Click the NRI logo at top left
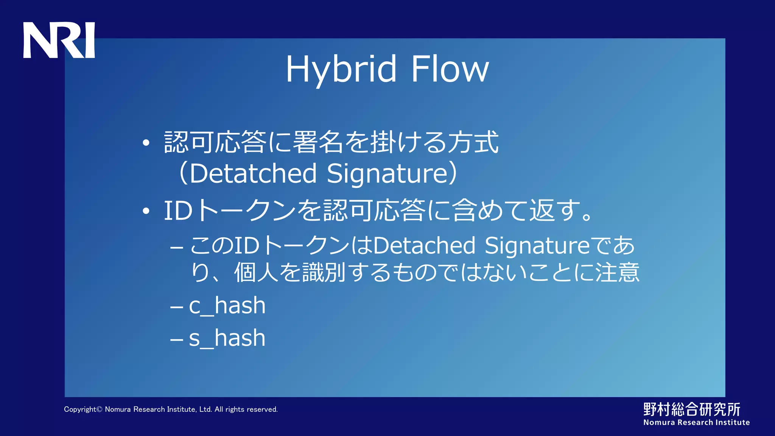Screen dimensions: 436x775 [x=59, y=40]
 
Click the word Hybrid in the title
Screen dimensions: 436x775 [x=341, y=70]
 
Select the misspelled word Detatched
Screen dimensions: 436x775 [x=253, y=173]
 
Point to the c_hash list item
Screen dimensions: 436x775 [x=227, y=306]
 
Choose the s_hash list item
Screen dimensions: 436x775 [x=227, y=338]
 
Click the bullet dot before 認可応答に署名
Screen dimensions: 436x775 [x=146, y=143]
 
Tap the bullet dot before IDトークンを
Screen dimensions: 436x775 [x=146, y=211]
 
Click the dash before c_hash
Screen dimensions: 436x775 [x=177, y=306]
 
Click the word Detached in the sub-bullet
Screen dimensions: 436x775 [x=424, y=246]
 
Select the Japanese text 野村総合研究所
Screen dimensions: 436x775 [x=692, y=410]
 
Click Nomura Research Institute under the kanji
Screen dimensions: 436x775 [x=696, y=422]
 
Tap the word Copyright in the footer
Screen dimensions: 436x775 [x=80, y=410]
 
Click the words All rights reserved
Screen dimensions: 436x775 [x=246, y=410]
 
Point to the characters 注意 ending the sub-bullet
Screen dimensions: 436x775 [x=618, y=272]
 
